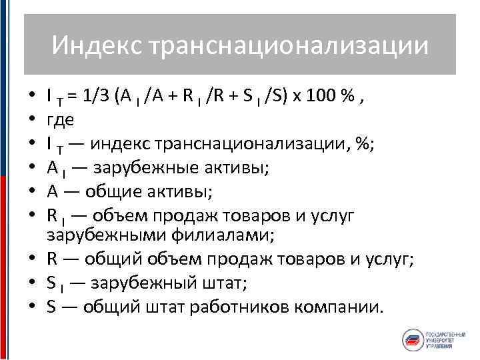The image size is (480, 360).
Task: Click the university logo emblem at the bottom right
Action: pos(415,339)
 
